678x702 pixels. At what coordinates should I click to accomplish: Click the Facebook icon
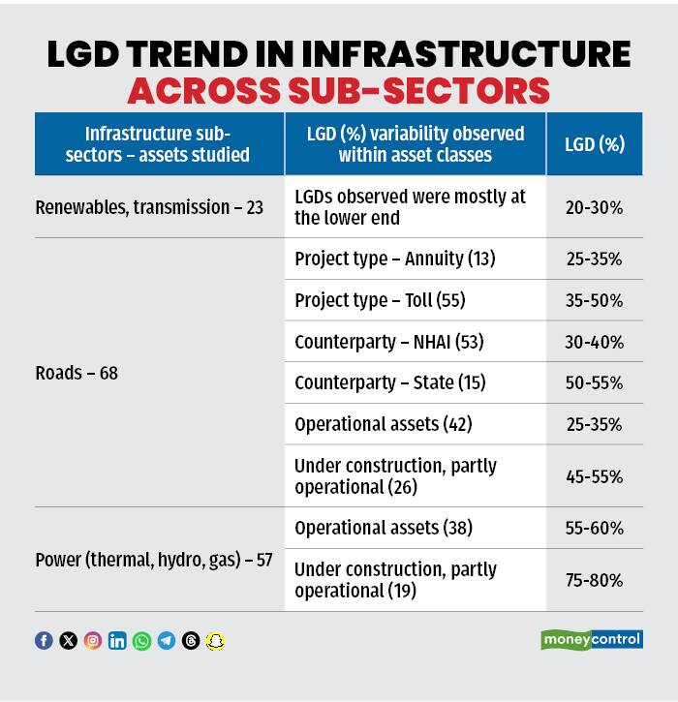tap(44, 641)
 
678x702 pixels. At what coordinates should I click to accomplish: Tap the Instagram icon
tap(93, 641)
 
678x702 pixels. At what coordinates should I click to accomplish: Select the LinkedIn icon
tap(117, 641)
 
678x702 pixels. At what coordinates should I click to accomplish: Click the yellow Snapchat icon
tap(216, 641)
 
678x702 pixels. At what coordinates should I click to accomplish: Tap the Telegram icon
tap(167, 641)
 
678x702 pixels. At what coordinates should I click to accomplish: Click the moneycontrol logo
tap(591, 640)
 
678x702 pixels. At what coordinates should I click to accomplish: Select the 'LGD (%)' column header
tap(595, 144)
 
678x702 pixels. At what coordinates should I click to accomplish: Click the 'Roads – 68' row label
tap(77, 373)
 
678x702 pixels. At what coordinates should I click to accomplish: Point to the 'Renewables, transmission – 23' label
tap(149, 207)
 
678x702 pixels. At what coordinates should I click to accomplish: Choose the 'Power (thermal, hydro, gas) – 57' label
tap(153, 560)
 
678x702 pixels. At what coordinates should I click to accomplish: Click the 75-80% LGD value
tap(595, 580)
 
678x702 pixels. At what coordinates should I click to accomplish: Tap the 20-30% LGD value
tap(595, 207)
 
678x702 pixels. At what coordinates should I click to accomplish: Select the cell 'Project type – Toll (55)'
tap(380, 300)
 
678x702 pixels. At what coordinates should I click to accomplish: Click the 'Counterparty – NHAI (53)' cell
tap(389, 342)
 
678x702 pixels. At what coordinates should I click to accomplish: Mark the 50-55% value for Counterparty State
tap(595, 383)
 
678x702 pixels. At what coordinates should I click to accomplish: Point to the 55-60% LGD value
tap(595, 529)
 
